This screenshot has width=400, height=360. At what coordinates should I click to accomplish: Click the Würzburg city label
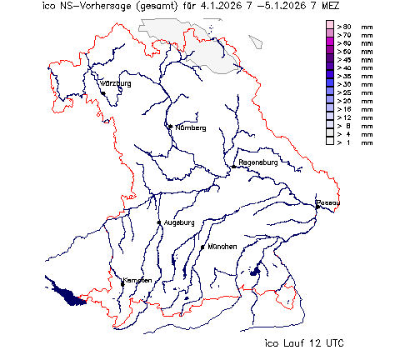pos(117,85)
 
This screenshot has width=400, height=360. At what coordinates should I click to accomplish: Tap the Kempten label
pos(137,280)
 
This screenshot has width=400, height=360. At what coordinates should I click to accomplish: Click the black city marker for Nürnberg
pos(170,127)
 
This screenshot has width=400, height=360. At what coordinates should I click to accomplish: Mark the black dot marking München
pos(202,247)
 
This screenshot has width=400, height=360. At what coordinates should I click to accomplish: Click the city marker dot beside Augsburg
pos(159,222)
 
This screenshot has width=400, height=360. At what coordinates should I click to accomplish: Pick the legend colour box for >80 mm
pos(330,27)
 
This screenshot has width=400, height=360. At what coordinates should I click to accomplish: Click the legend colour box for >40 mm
pos(330,67)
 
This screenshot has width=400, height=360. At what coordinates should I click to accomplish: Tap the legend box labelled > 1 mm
pos(330,142)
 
